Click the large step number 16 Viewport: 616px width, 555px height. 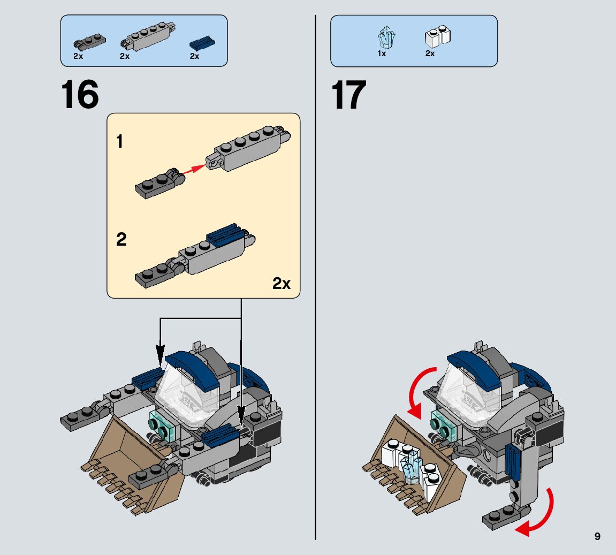[x=80, y=95]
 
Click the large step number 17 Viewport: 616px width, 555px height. [x=349, y=95]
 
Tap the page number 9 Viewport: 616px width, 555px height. [x=597, y=536]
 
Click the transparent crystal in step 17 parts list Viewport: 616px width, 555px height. [x=385, y=37]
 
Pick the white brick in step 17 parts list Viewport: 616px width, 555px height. [x=437, y=36]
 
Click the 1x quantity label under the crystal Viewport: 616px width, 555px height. [x=382, y=54]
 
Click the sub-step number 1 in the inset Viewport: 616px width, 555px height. [x=120, y=142]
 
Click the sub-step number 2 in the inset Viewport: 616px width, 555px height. [x=121, y=240]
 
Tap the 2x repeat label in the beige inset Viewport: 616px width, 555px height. [x=282, y=283]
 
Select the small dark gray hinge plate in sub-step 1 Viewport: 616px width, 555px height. [x=159, y=184]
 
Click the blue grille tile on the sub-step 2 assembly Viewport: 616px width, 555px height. [x=225, y=234]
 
